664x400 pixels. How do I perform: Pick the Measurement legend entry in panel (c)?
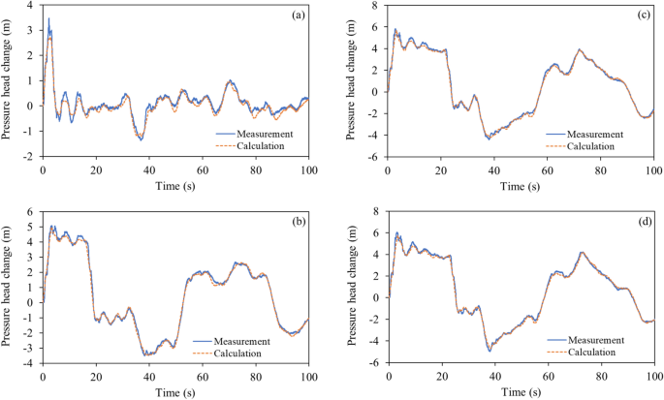click(x=602, y=135)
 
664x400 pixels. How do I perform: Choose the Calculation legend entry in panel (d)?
click(x=602, y=353)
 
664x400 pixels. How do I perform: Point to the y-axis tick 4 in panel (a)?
click(x=30, y=6)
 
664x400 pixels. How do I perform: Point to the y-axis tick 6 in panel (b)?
click(x=30, y=212)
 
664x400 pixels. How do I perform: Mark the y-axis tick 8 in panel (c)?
click(x=376, y=6)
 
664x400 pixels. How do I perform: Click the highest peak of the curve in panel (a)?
click(x=49, y=18)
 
